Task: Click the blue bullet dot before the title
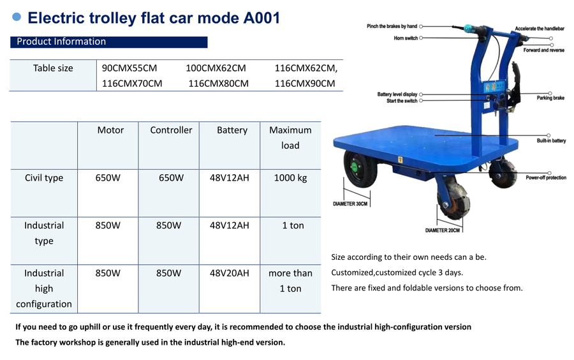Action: click(x=17, y=17)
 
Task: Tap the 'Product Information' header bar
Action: click(x=108, y=41)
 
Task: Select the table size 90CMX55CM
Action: click(x=129, y=68)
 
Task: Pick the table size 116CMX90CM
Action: click(x=305, y=84)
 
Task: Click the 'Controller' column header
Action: click(x=171, y=130)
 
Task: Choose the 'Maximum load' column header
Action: click(x=290, y=138)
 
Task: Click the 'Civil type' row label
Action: click(x=44, y=178)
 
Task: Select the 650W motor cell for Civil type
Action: click(x=108, y=178)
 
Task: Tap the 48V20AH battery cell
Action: click(x=229, y=273)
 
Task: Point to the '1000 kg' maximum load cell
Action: click(x=290, y=178)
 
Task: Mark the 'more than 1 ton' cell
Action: click(x=290, y=281)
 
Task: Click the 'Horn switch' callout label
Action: click(x=406, y=38)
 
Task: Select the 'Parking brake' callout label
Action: click(x=550, y=98)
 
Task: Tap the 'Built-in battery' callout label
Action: click(x=551, y=140)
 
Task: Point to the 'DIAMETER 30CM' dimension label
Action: click(x=350, y=204)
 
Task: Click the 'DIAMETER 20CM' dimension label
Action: click(x=442, y=230)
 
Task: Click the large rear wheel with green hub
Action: click(x=360, y=169)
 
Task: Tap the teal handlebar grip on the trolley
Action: click(x=469, y=29)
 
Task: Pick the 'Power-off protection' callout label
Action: click(x=546, y=177)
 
